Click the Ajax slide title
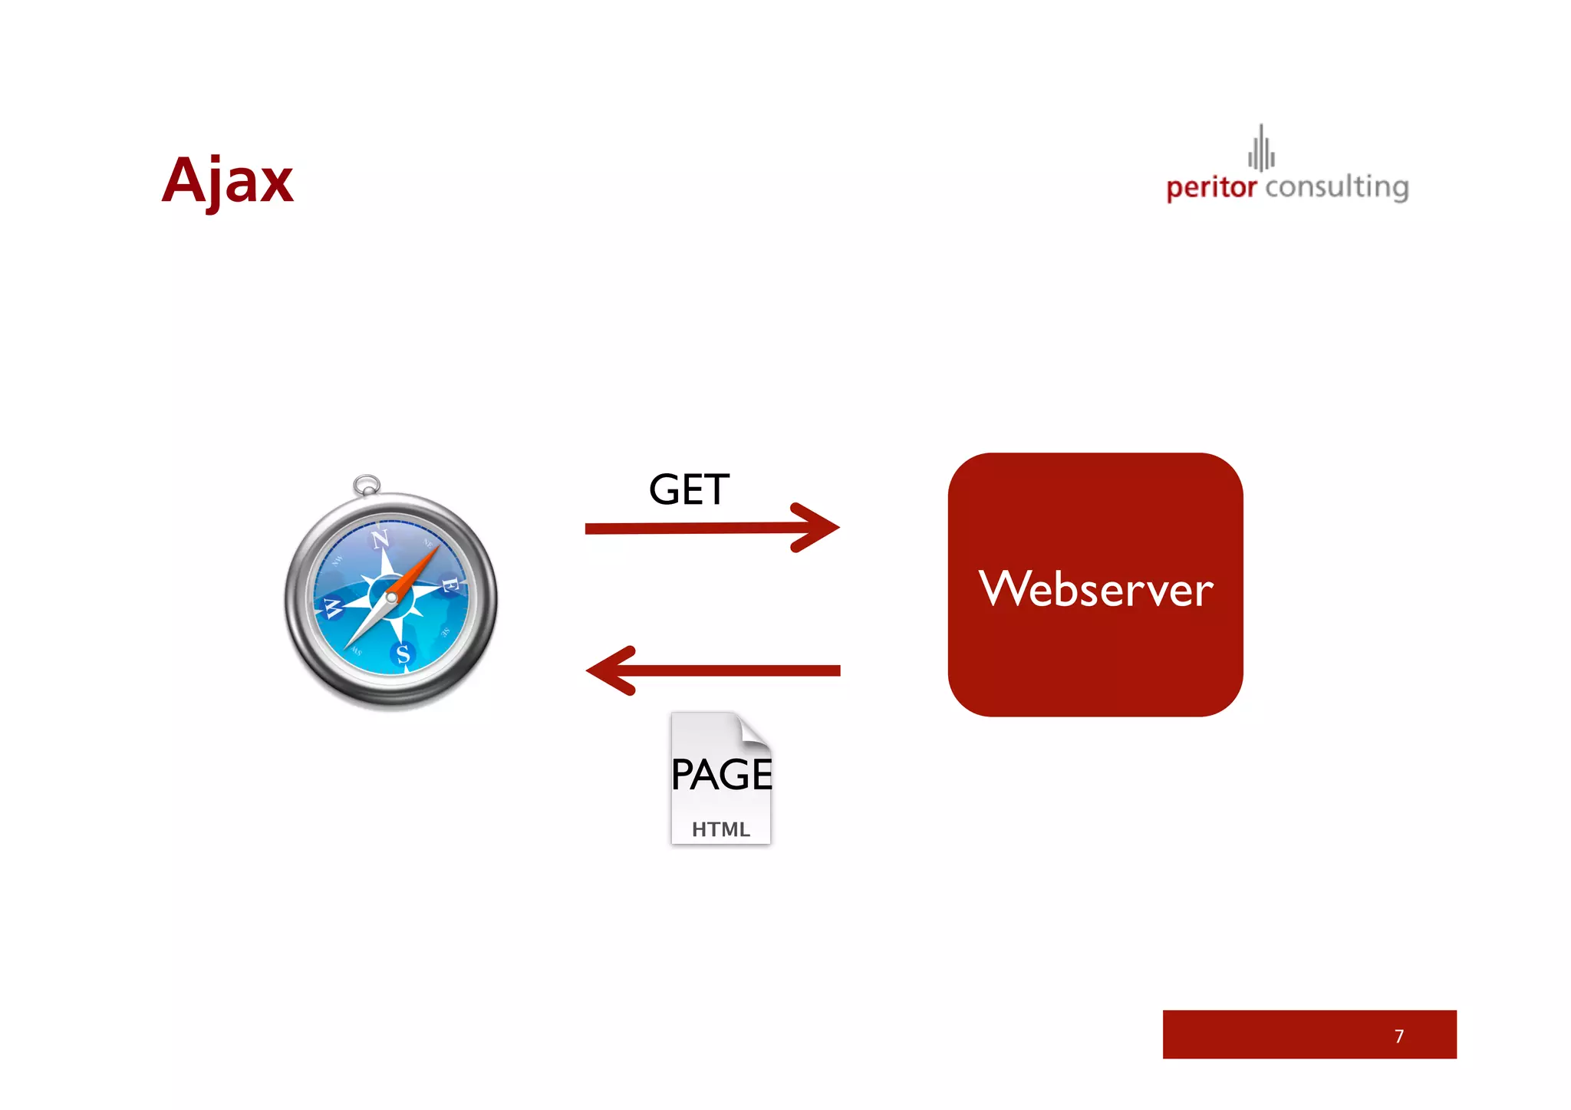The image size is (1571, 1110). (227, 181)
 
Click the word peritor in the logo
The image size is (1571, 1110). (1211, 187)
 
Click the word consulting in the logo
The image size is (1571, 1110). (1337, 187)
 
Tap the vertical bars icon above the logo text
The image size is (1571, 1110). (1261, 149)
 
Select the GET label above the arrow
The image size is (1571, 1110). (689, 489)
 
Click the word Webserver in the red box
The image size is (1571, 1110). (1095, 589)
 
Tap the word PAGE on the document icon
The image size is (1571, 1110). (721, 774)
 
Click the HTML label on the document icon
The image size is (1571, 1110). (720, 829)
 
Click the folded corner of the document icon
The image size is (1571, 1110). (755, 729)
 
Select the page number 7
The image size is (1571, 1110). (1399, 1036)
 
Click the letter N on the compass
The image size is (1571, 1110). (380, 539)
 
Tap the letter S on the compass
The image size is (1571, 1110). (403, 654)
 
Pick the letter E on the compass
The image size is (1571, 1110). (450, 586)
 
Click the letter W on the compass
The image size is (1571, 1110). (332, 608)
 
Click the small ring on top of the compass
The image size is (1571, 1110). (367, 485)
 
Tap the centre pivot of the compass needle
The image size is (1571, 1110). (391, 597)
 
